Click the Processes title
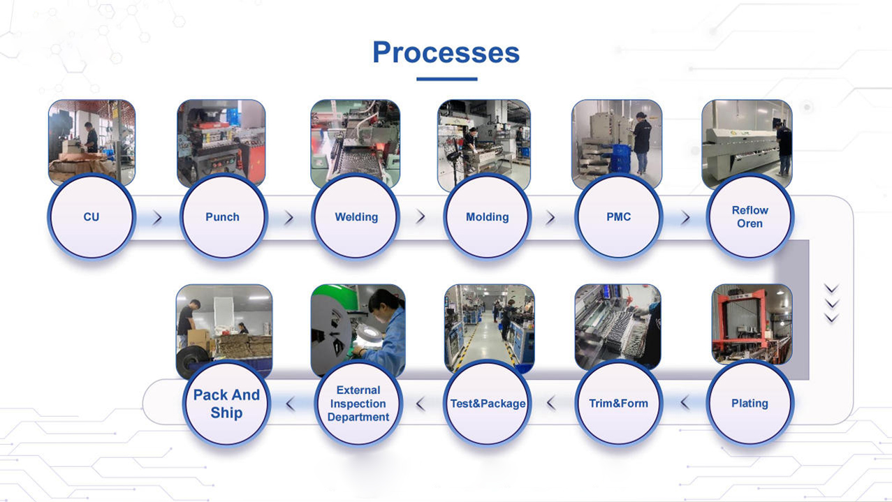pos(446,53)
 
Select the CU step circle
pos(91,217)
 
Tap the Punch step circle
pos(222,217)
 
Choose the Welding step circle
pos(356,217)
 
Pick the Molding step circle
pos(487,217)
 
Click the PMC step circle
pos(618,217)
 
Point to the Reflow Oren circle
pos(750,217)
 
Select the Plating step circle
pos(750,404)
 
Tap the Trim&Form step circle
pos(618,404)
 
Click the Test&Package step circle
pos(488,404)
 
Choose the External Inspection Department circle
pos(358,404)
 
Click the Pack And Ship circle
pos(226,404)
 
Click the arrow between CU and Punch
pos(157,218)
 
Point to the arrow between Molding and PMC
pos(550,218)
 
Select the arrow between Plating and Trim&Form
pos(685,403)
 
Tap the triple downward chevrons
pos(831,303)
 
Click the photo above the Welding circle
pos(356,142)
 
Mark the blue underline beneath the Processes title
pos(446,79)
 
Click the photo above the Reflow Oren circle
pos(747,142)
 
